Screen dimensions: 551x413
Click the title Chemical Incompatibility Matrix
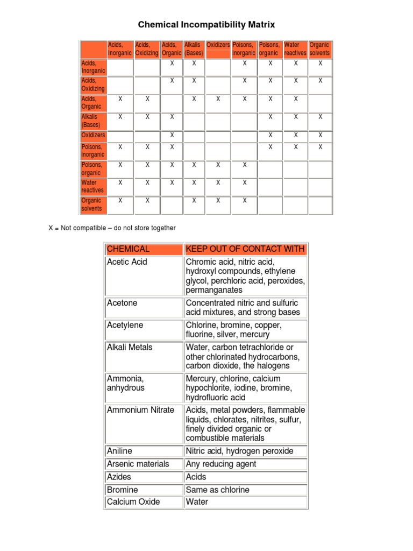point(207,24)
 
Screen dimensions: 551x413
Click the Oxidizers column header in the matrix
point(218,45)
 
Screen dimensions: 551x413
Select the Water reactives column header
point(295,49)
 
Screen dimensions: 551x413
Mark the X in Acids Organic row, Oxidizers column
point(218,99)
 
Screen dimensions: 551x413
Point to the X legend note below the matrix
point(112,228)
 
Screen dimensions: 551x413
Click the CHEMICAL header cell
point(129,249)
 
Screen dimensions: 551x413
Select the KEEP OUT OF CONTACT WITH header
point(245,249)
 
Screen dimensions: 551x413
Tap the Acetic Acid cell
point(127,262)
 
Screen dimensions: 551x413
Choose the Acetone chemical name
point(122,303)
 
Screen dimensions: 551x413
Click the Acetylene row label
point(125,326)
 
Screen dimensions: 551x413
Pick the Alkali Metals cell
point(130,347)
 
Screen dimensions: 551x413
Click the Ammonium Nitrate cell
point(140,410)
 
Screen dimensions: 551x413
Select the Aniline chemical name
point(119,451)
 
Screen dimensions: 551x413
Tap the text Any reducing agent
point(221,464)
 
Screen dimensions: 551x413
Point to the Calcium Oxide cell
point(133,502)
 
